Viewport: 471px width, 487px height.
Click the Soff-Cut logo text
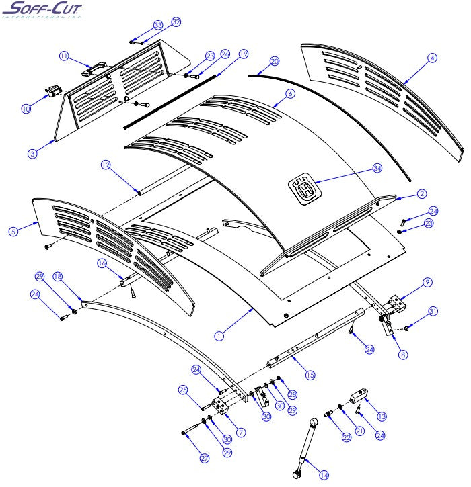coord(40,9)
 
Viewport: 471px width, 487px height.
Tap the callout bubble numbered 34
coord(377,169)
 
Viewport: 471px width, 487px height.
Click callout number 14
coord(324,474)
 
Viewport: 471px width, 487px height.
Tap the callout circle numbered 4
coord(432,58)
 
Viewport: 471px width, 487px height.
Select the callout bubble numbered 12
coord(105,164)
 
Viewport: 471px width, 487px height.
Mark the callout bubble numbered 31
coord(433,310)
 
